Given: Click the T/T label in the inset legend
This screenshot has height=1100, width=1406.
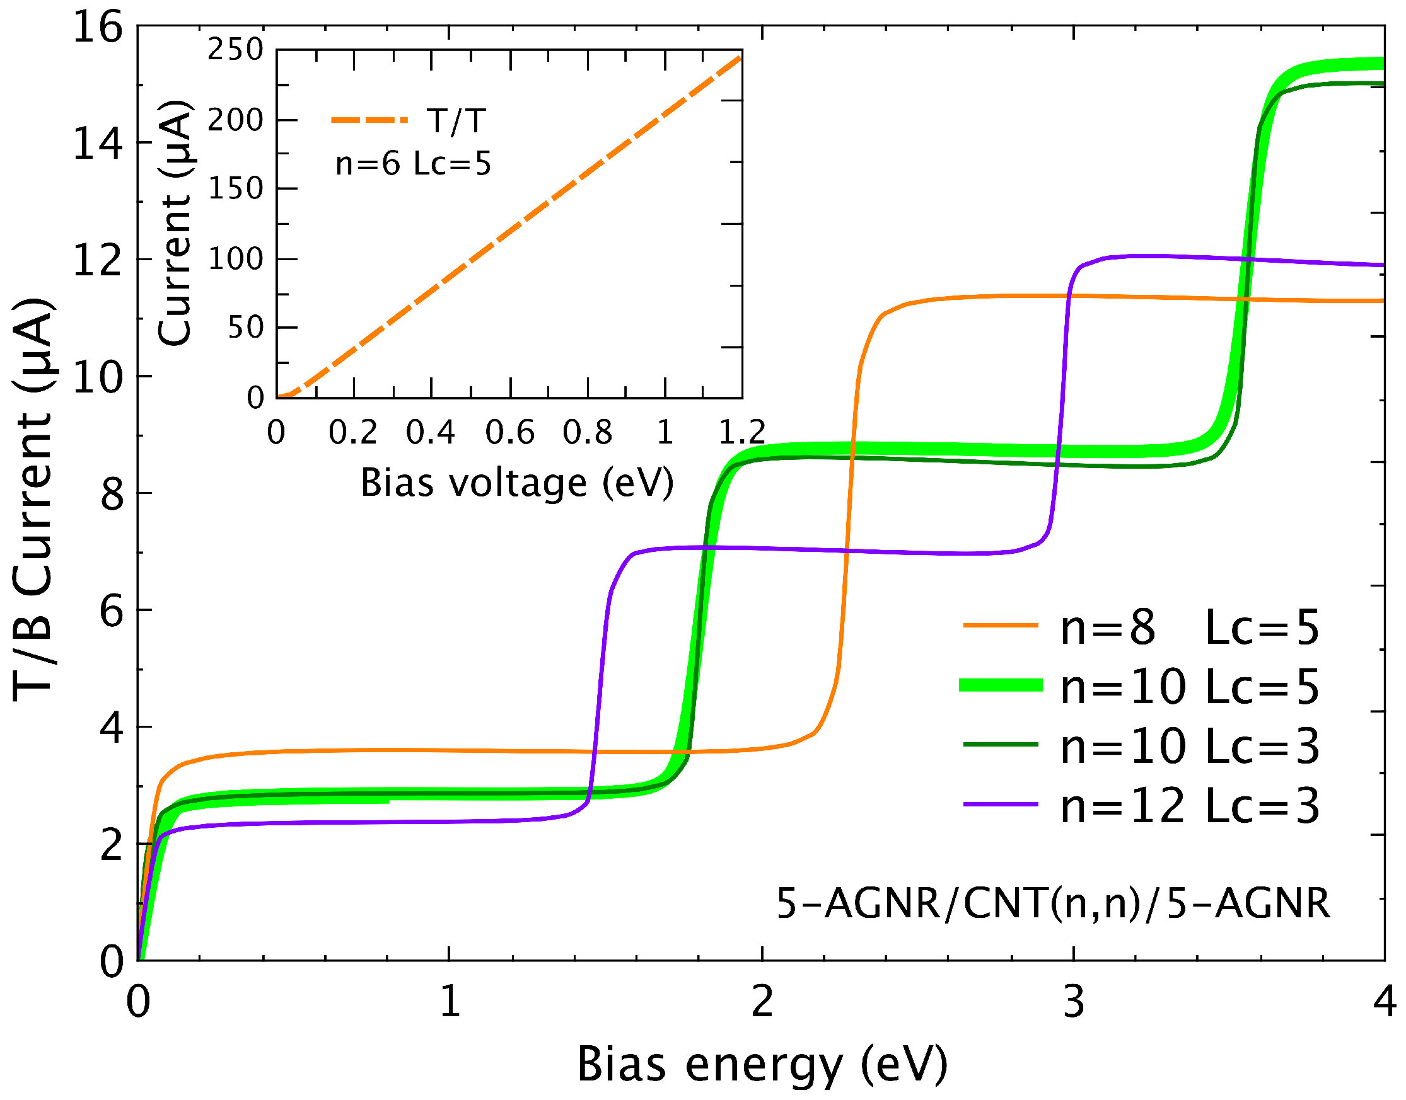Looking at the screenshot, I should (x=456, y=120).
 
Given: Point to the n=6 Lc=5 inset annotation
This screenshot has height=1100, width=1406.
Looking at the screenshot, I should (x=413, y=164).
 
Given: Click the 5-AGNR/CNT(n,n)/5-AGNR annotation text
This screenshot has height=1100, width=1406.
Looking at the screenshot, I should (x=1053, y=903).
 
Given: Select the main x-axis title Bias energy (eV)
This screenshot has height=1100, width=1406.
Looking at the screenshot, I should (x=762, y=1064).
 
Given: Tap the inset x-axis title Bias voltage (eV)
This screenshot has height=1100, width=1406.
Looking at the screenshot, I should (x=517, y=483).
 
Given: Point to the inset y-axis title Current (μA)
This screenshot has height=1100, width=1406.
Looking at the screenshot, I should (x=175, y=224).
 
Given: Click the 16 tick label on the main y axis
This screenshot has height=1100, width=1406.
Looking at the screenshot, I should (x=97, y=28).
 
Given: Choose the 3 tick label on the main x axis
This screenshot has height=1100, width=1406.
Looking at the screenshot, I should (x=1074, y=1002).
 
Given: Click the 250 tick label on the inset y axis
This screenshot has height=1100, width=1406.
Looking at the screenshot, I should (x=235, y=50).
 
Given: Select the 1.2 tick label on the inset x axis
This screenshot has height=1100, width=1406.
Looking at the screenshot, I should (x=741, y=432).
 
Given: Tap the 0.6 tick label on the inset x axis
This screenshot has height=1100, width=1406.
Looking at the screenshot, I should (x=509, y=432).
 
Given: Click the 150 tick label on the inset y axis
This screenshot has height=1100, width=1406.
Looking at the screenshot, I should (x=235, y=189).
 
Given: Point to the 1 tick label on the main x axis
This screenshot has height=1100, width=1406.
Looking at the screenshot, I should (x=450, y=1002).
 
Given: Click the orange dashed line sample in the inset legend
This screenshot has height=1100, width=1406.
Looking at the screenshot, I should (x=369, y=120).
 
